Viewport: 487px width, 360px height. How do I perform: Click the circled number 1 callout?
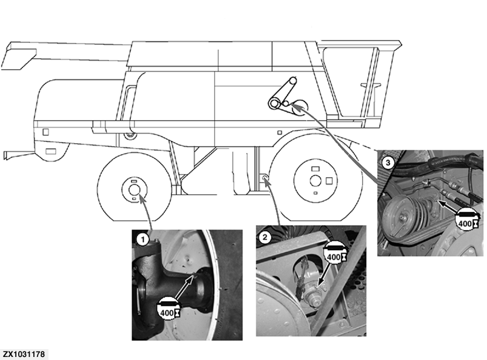point(142,239)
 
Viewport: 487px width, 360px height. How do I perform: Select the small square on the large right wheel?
point(328,180)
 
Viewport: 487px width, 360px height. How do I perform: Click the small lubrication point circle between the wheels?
point(265,178)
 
